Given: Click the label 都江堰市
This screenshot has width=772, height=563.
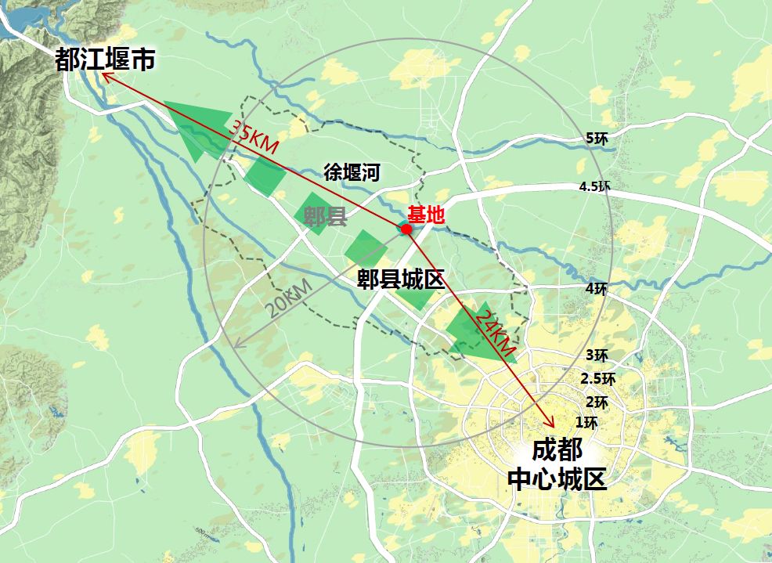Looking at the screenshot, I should (105, 60).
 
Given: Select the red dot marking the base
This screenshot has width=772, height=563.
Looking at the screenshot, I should (406, 229).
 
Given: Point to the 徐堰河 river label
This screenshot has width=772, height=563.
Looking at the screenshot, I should (352, 172).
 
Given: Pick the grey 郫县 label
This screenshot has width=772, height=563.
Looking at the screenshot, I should (325, 217).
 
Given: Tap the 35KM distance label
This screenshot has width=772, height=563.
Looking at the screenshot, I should (253, 137).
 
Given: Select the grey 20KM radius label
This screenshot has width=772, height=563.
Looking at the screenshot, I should (287, 298).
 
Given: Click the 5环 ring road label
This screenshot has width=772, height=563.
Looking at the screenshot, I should (597, 138).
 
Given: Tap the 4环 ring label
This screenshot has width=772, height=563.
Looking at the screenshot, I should (596, 288).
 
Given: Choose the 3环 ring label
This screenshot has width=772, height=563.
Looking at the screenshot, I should (597, 355).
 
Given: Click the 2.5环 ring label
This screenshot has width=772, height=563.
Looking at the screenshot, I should (597, 378).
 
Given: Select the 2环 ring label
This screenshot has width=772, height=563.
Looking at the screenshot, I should (597, 402).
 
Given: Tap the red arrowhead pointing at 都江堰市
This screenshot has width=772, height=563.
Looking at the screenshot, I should (106, 77).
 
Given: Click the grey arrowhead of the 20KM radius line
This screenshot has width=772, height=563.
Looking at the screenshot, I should (236, 345).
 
